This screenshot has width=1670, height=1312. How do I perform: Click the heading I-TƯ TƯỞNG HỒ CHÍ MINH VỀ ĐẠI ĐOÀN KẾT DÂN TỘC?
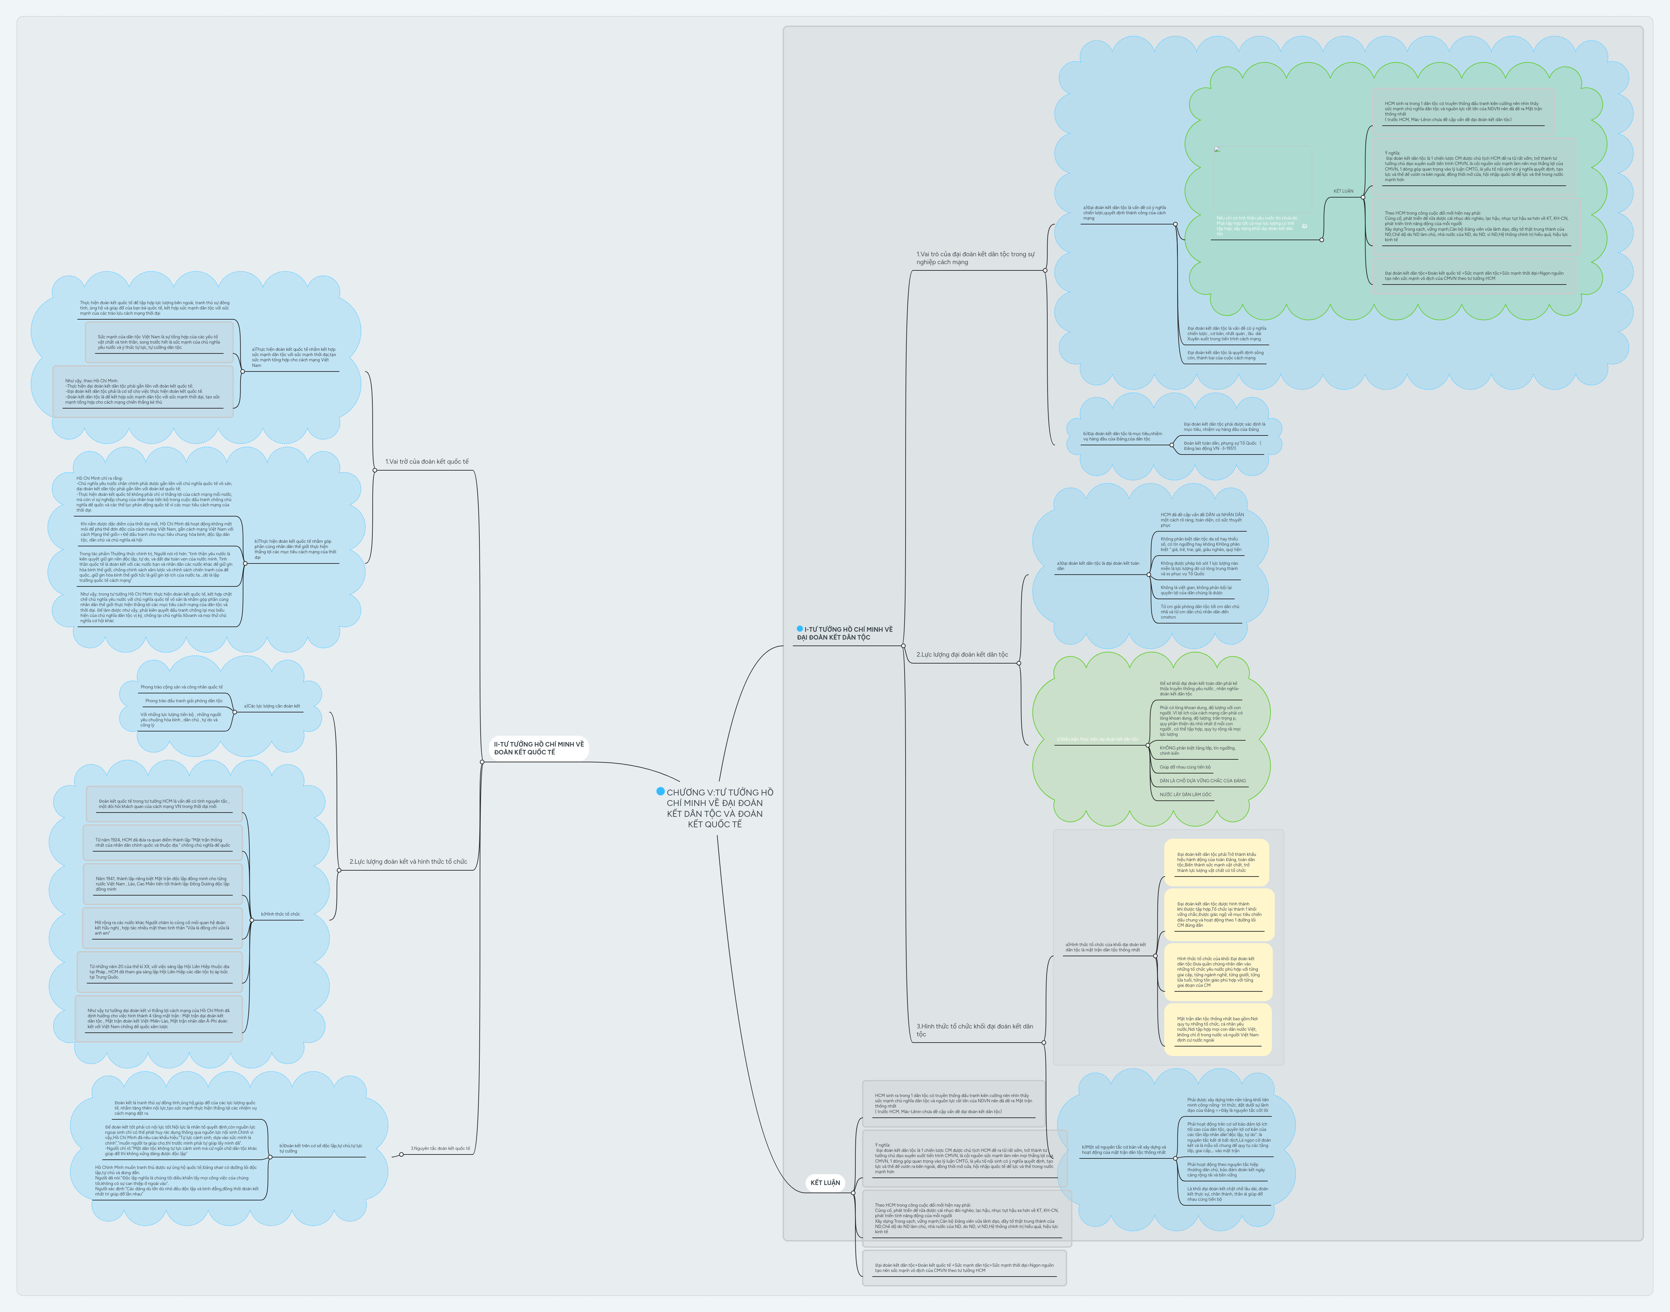(x=845, y=633)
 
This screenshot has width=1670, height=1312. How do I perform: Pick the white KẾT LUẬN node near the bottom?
(x=825, y=1182)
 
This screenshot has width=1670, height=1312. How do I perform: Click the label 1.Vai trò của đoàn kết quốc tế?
(x=427, y=462)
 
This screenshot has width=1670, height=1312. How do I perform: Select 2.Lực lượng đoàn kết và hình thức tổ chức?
(x=408, y=862)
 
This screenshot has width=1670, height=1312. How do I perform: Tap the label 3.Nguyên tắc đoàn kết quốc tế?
(x=440, y=1148)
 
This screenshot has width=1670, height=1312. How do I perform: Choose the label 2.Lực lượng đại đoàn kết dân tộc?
(x=962, y=654)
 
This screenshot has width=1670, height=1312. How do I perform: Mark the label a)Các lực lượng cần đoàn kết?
(x=272, y=706)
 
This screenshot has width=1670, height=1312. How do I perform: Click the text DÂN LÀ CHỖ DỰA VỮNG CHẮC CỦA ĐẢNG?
(x=1202, y=780)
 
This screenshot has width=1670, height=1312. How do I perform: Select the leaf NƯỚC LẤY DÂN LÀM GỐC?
(x=1185, y=794)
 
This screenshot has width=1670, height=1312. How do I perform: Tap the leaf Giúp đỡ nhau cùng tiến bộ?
(x=1185, y=767)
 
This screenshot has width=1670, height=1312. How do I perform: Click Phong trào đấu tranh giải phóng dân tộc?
(x=183, y=701)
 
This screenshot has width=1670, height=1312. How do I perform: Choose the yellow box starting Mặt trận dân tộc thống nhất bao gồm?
(x=1217, y=1029)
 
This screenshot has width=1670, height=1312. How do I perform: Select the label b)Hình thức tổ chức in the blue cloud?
(x=280, y=914)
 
